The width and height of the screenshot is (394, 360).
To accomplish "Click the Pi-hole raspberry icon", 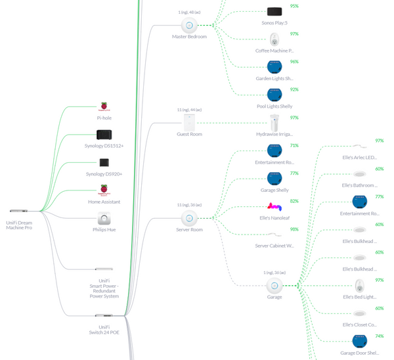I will click(104, 107).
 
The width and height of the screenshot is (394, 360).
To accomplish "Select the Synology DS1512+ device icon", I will click(104, 135).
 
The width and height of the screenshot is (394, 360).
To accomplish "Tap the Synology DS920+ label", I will click(104, 174).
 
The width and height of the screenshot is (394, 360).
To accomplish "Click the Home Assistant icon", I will click(104, 191).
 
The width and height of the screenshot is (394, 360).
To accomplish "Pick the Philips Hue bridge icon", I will click(104, 218).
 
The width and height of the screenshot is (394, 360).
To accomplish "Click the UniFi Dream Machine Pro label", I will click(19, 225).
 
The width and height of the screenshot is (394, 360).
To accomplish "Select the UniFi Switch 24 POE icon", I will click(104, 315).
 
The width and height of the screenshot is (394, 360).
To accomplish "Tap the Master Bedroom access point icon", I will click(189, 26).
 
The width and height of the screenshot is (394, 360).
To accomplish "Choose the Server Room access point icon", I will click(189, 218).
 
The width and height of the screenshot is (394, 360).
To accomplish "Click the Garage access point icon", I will click(274, 286).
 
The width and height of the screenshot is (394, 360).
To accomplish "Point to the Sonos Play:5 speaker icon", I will click(274, 11).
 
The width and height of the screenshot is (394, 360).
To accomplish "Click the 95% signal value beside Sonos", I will click(294, 6).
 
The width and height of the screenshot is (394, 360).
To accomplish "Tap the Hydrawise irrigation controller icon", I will click(274, 122).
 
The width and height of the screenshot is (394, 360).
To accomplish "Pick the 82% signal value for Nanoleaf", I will click(294, 201).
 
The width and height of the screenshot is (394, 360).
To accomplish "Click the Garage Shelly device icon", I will click(274, 178).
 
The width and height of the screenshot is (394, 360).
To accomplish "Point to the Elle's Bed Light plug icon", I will click(359, 286).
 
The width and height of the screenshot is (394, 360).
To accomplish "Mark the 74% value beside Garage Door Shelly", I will click(379, 336).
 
